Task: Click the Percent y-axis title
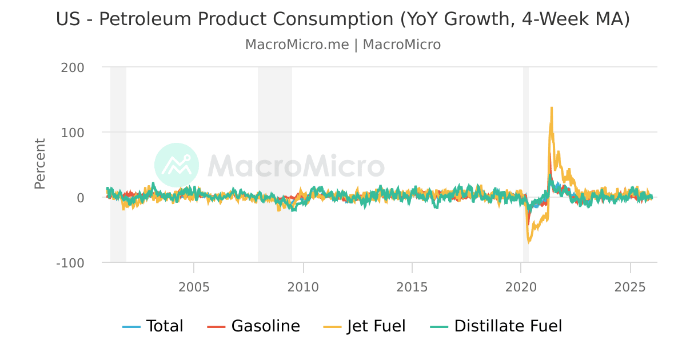[x=39, y=163]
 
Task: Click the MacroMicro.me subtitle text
[x=297, y=45]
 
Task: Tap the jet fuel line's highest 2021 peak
[x=551, y=107]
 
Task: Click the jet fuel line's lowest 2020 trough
[x=529, y=242]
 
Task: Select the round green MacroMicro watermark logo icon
[x=177, y=165]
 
